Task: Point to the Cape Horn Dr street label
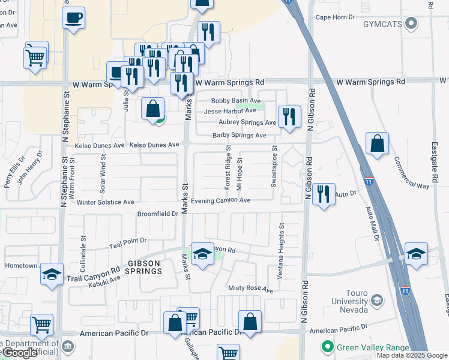(x=336, y=17)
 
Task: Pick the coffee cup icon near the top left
(x=73, y=18)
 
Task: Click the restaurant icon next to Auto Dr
(x=324, y=194)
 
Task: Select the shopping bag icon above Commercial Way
(x=377, y=144)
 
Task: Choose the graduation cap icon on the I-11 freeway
(x=416, y=254)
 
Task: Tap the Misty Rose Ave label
(x=250, y=289)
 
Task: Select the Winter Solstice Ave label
(x=105, y=203)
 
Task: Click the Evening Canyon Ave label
(x=220, y=200)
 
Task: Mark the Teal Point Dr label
(x=128, y=243)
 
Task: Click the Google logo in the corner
(x=19, y=353)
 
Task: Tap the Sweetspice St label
(x=274, y=167)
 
